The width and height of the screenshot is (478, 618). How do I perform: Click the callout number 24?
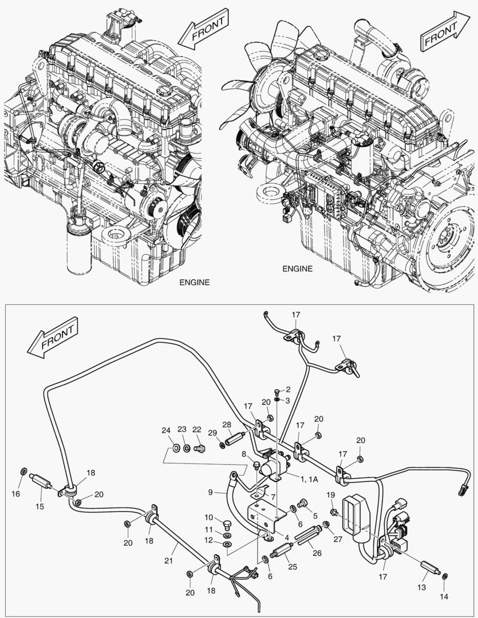point(166,430)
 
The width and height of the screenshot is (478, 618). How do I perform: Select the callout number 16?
point(16,493)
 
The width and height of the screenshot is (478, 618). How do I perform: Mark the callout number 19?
point(330,494)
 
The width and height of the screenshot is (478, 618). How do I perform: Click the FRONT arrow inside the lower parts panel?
point(51,342)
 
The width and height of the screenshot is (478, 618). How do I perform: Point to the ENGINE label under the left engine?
point(195,282)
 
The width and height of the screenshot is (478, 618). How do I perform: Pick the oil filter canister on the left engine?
point(78,246)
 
